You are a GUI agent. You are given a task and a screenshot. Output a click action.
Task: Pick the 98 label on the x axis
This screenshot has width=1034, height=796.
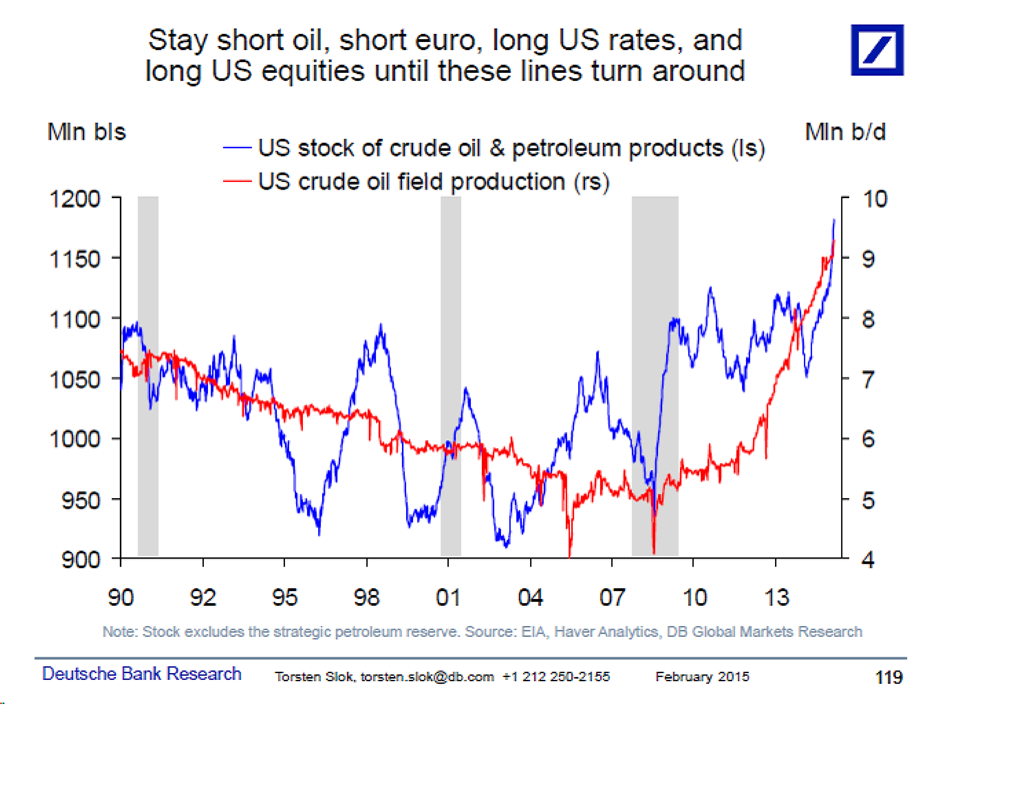click(x=367, y=598)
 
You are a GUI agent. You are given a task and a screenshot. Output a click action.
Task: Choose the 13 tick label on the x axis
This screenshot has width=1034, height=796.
click(x=776, y=598)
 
